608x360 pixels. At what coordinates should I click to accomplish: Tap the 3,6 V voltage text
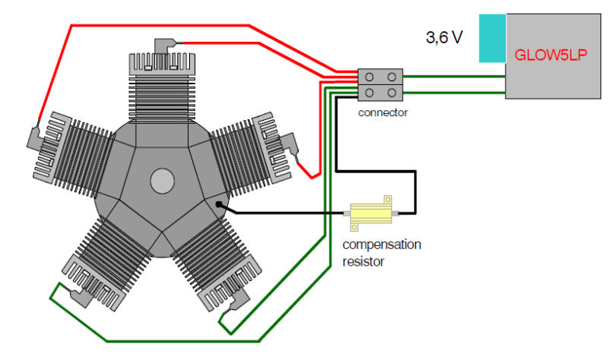click(444, 37)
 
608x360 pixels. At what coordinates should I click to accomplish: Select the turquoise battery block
click(492, 38)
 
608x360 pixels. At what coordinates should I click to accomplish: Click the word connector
click(382, 112)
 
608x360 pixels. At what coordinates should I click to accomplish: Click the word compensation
click(382, 245)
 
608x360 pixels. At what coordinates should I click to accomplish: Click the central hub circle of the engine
click(162, 181)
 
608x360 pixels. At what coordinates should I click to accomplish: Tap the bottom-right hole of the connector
click(392, 93)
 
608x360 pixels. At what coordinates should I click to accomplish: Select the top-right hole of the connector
click(392, 77)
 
